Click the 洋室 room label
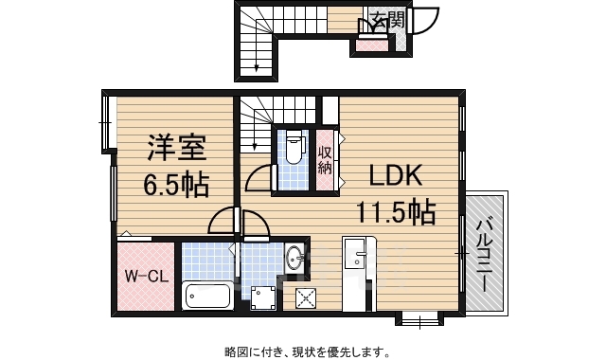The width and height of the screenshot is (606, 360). coord(177,148)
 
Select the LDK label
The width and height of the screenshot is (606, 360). coord(395,175)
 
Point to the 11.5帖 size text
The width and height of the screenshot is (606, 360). coord(396,211)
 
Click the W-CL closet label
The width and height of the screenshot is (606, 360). coord(146,276)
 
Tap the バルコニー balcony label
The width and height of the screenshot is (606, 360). coord(485,256)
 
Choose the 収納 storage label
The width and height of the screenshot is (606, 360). coord(325,160)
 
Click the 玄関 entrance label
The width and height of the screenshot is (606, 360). coord(387,19)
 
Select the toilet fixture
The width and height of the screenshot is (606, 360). coord(294,147)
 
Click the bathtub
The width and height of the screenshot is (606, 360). coord(207,297)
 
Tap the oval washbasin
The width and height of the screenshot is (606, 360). coord(295,258)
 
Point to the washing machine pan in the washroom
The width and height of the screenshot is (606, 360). coord(263,297)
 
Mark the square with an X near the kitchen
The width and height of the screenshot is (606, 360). coord(306,298)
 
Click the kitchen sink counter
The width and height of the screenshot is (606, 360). coord(359,274)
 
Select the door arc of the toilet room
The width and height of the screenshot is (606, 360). coord(259,179)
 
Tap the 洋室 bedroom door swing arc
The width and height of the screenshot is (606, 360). coord(222,221)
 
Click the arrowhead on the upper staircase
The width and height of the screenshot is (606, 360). coord(257,68)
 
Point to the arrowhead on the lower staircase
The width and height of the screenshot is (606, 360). coord(255,147)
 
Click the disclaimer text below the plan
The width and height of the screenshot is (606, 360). coord(308,351)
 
